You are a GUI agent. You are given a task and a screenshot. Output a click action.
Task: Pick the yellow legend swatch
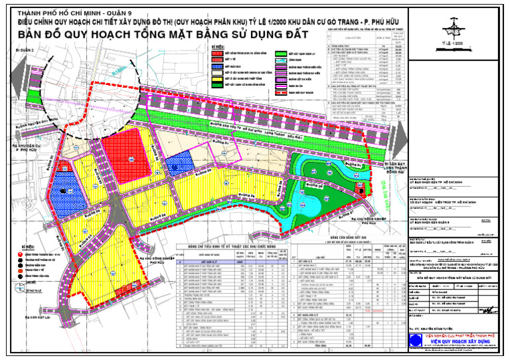pos(216,76)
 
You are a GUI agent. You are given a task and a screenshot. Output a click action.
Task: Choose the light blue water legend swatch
pos(279,60)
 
